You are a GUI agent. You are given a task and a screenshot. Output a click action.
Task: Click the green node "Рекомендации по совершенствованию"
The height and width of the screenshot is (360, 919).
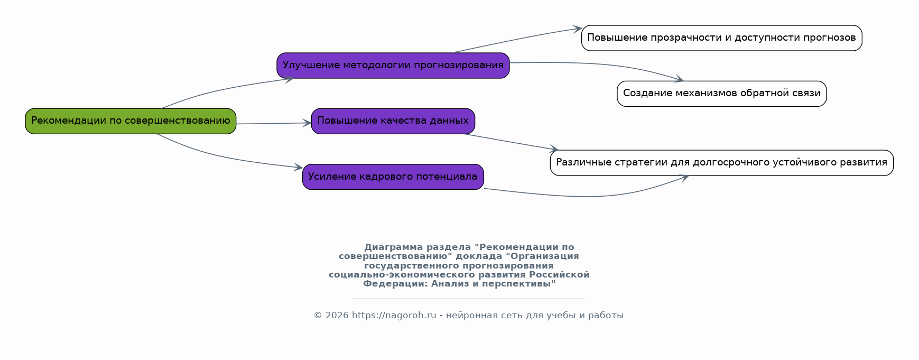click(x=131, y=121)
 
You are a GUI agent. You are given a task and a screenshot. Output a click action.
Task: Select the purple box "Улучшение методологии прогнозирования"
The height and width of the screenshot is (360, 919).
click(x=393, y=66)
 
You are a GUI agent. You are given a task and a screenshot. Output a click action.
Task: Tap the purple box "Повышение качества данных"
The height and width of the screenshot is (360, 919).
click(x=393, y=121)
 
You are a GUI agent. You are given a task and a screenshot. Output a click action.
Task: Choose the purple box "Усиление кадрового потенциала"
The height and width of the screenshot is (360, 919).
click(x=393, y=177)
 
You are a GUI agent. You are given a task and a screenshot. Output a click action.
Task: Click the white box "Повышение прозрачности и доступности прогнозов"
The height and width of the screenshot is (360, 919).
click(x=722, y=38)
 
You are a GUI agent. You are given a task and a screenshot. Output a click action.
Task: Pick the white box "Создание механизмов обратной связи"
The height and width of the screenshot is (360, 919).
click(x=722, y=94)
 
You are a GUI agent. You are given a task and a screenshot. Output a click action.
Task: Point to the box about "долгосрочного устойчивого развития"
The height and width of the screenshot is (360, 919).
click(x=722, y=163)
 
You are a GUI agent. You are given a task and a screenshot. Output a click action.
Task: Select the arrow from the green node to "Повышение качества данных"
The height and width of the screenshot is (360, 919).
click(x=274, y=123)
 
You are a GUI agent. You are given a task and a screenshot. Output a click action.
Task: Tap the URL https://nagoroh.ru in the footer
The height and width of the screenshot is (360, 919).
click(x=394, y=316)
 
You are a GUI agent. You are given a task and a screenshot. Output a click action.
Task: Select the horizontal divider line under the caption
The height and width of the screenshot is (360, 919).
click(x=469, y=299)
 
